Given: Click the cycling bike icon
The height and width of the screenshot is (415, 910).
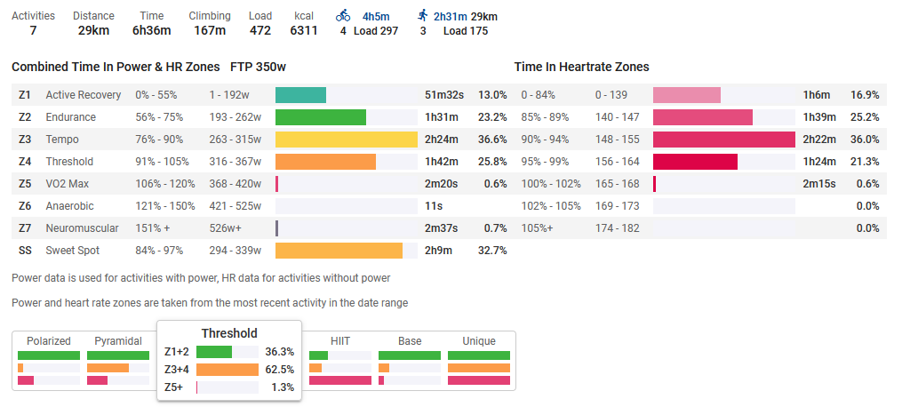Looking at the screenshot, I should click(343, 15).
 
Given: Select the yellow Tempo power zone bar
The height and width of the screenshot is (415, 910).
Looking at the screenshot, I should click(346, 140).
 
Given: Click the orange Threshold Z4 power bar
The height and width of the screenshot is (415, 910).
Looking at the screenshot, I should click(325, 162).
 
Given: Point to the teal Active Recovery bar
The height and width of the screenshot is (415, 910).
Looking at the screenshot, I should click(300, 95).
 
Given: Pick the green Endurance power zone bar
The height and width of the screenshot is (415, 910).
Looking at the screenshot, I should click(320, 117).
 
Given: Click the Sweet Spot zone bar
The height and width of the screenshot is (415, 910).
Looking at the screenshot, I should click(339, 251).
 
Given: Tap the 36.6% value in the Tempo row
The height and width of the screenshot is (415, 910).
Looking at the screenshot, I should click(491, 140).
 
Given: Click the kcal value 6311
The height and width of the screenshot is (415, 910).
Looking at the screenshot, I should click(304, 30).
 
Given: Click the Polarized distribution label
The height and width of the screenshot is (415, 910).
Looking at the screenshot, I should click(48, 340).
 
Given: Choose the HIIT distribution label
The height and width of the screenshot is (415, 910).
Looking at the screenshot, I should click(339, 340).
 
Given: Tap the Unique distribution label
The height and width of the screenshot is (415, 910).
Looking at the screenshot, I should click(478, 340).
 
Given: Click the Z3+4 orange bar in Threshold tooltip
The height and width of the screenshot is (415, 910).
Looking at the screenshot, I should click(226, 370).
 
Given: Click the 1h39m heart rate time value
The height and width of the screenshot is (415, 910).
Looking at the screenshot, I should click(818, 117).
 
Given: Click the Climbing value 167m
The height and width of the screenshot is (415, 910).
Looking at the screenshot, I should click(210, 30).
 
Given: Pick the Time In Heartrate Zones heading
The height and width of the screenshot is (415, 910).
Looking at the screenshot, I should click(581, 67).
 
